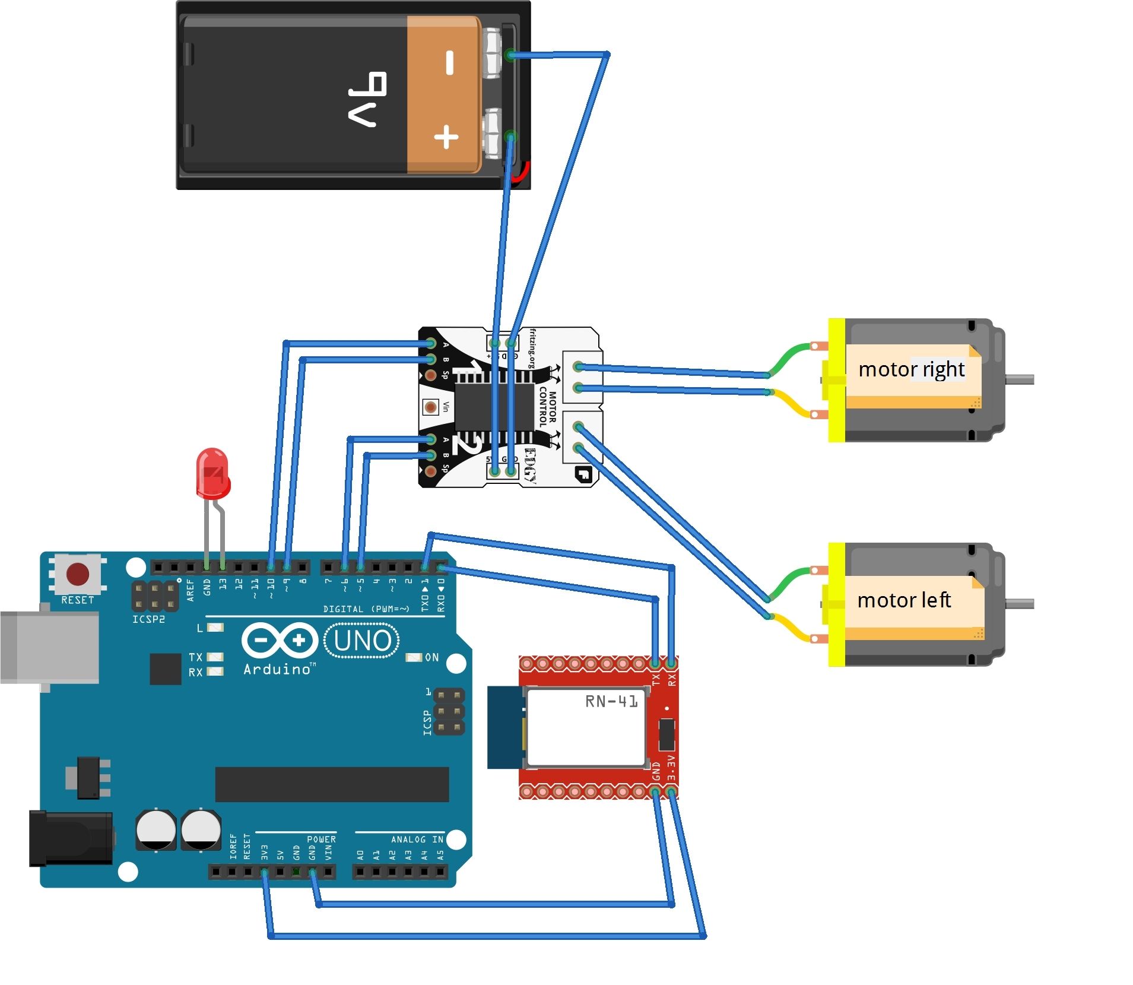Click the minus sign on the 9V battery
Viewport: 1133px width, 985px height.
point(449,62)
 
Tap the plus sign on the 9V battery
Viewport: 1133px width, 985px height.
point(446,138)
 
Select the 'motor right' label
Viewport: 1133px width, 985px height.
point(910,369)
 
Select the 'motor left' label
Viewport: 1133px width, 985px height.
point(903,600)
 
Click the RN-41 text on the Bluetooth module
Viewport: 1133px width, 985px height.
point(611,701)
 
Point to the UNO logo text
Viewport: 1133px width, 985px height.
point(362,641)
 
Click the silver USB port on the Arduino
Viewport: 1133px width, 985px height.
point(50,648)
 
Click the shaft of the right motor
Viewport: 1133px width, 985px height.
point(1019,379)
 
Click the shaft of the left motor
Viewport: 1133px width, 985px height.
point(1019,604)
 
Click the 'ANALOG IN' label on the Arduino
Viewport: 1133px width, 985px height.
point(417,839)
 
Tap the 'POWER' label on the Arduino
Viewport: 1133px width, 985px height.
point(321,839)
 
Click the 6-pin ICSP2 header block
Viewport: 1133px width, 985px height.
point(154,596)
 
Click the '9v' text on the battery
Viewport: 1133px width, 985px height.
point(367,99)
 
